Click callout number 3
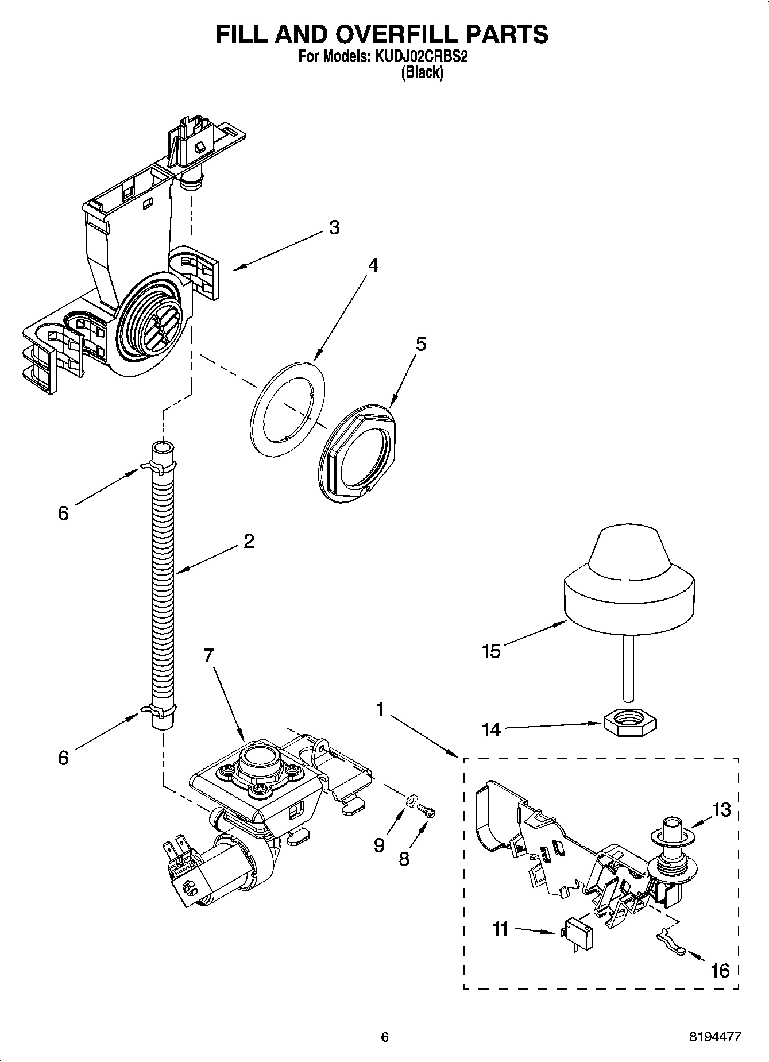334,227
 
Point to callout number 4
373,265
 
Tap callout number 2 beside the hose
249,541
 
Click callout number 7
208,655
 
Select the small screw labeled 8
427,810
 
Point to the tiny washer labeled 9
411,800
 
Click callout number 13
722,810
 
